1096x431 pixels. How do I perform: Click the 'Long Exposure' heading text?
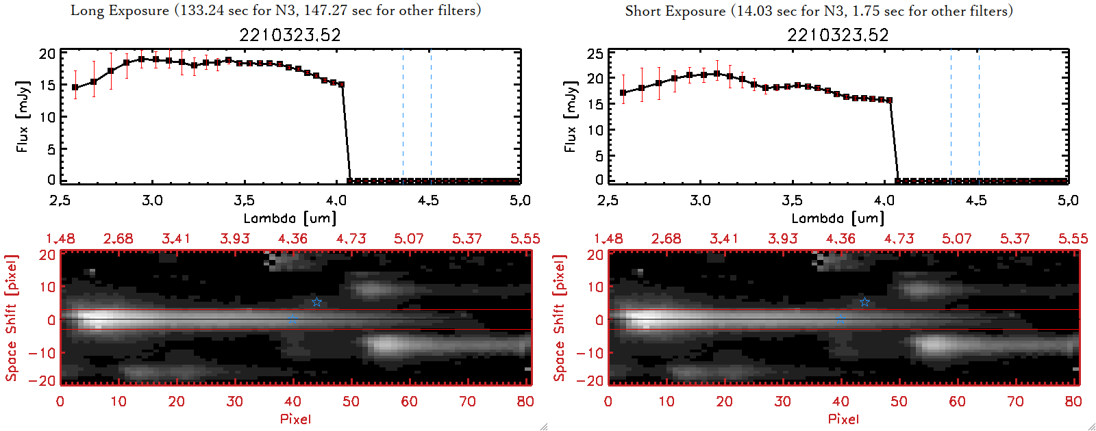click(120, 10)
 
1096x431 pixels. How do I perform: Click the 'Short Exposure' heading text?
click(675, 11)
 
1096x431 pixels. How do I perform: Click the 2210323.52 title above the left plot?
click(290, 35)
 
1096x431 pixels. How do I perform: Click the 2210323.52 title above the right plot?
click(838, 35)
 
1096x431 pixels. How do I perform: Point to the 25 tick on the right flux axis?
click(595, 53)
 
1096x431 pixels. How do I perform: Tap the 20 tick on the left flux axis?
click(47, 53)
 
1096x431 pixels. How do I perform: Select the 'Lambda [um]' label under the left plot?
click(290, 218)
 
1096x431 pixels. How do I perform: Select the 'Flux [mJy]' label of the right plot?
click(570, 116)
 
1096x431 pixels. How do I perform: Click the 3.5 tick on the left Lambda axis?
click(244, 200)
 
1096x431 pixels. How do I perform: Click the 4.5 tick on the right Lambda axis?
click(976, 200)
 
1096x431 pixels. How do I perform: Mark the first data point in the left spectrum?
click(75, 88)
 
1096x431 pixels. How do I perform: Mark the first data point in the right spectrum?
click(623, 92)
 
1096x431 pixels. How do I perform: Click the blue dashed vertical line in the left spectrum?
click(403, 116)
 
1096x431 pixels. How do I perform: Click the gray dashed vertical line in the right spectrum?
click(979, 116)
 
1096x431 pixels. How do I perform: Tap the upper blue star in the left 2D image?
click(316, 302)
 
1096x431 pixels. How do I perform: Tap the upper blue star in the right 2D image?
click(864, 302)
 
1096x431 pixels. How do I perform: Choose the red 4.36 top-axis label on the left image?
click(292, 239)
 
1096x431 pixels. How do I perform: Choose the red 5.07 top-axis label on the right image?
click(956, 239)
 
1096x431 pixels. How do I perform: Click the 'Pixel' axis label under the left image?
click(295, 419)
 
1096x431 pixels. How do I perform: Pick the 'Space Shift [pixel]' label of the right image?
click(560, 318)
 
